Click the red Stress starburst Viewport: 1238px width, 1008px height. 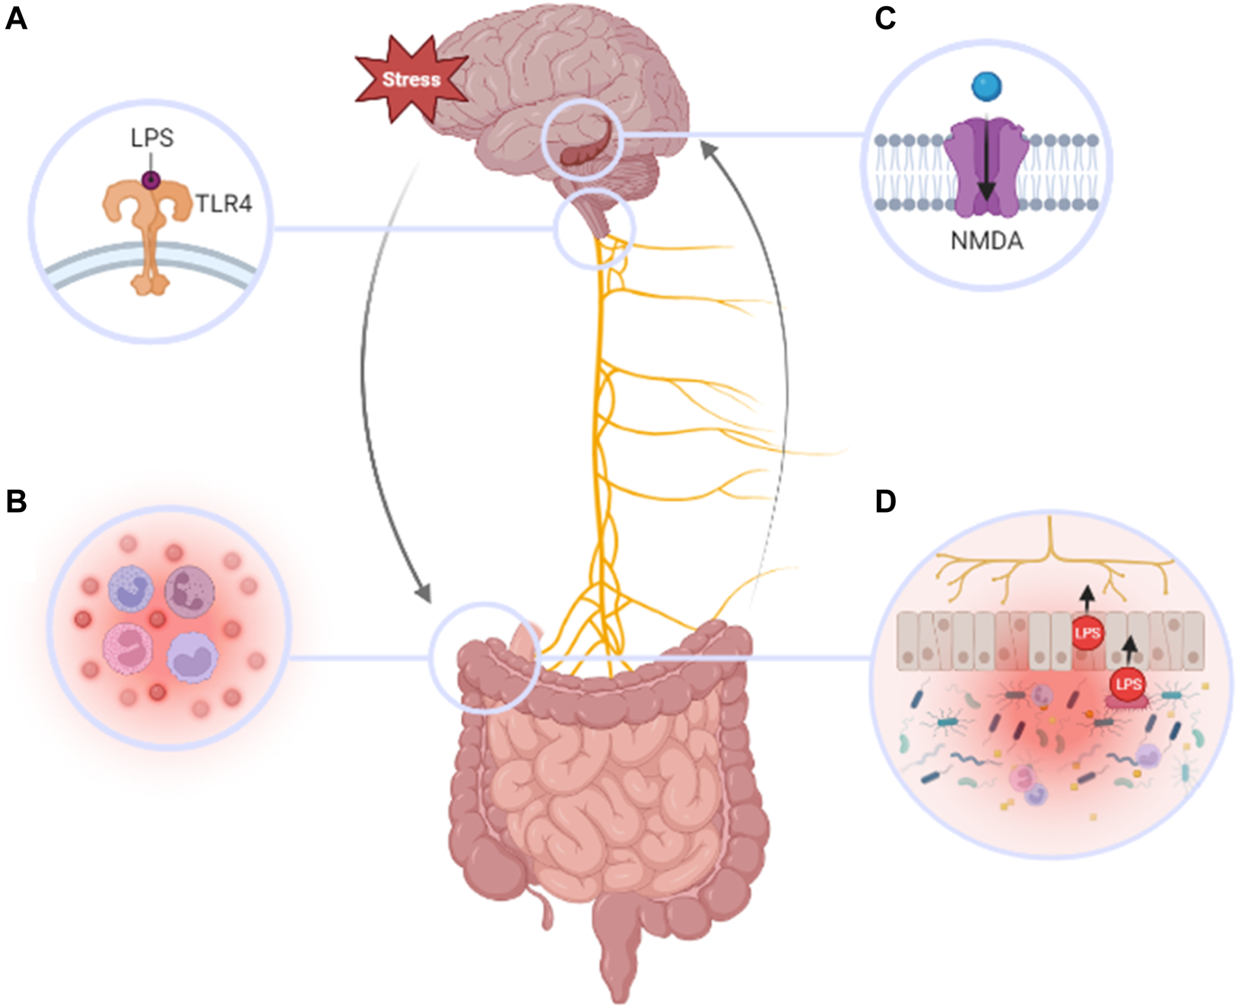(x=411, y=79)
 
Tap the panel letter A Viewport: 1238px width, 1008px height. (x=16, y=17)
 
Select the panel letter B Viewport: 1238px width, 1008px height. (x=16, y=501)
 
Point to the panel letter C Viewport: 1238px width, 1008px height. (x=885, y=17)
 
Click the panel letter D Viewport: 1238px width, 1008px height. (x=885, y=501)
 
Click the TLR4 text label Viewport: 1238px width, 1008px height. (x=224, y=204)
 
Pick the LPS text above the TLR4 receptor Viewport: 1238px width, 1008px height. (x=152, y=138)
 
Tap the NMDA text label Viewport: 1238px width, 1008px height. (x=986, y=241)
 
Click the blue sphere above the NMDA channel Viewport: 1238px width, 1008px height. (x=986, y=86)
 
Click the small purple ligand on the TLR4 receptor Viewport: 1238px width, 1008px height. (x=151, y=180)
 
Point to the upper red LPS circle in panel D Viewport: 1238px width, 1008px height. (x=1087, y=633)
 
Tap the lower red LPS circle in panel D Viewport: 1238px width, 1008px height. (x=1128, y=684)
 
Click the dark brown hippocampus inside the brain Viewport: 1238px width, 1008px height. (x=585, y=152)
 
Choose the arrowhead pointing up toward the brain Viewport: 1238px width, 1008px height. (x=708, y=149)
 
